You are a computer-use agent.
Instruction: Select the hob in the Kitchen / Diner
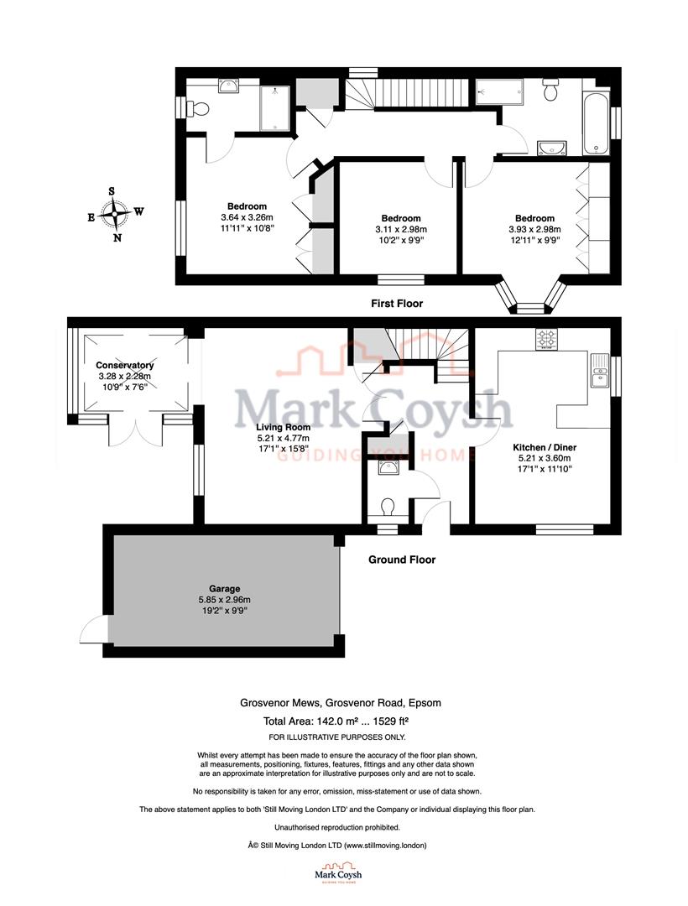[548, 340]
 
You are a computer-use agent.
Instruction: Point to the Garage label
[225, 589]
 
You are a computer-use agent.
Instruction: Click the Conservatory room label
[124, 366]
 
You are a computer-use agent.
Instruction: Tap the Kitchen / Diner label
[545, 447]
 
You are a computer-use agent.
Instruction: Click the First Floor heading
[397, 304]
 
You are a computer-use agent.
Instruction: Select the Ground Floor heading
[402, 560]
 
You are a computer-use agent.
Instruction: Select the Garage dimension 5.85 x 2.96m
[225, 600]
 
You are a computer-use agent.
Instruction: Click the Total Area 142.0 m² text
[302, 721]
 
